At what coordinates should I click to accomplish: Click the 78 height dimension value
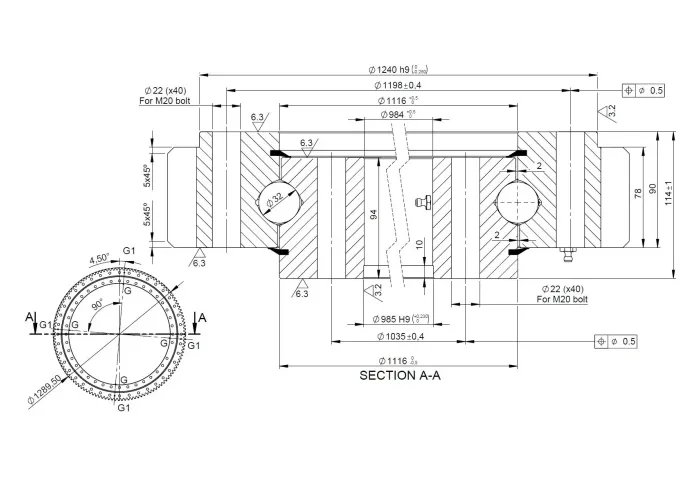(x=638, y=193)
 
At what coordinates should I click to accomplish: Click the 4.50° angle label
(x=100, y=259)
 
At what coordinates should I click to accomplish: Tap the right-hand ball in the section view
(x=518, y=199)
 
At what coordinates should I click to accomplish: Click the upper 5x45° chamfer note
(x=147, y=176)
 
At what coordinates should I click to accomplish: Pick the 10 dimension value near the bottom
(x=420, y=243)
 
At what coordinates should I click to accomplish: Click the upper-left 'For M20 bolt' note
(x=166, y=101)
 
